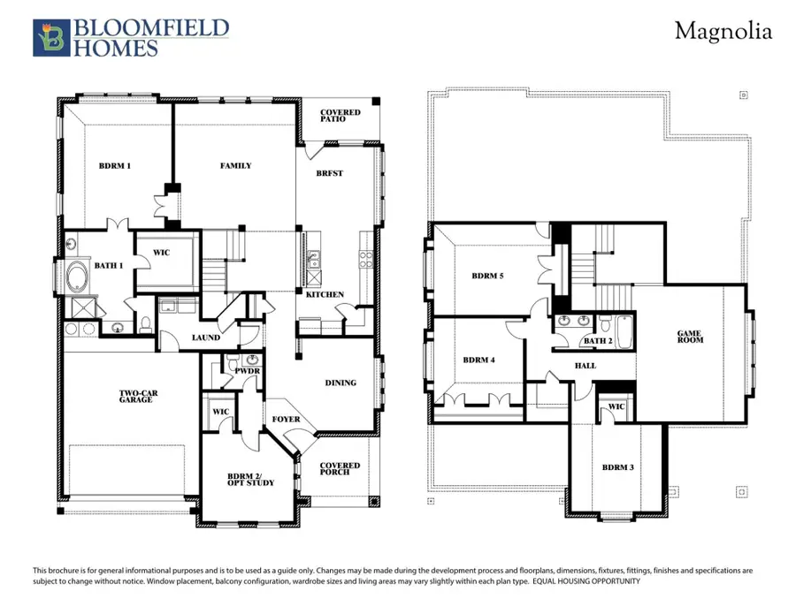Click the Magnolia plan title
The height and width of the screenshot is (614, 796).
pyautogui.click(x=723, y=32)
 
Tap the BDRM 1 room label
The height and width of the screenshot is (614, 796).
pyautogui.click(x=115, y=166)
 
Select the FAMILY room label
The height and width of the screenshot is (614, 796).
pyautogui.click(x=235, y=166)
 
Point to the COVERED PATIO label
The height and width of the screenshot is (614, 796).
pyautogui.click(x=340, y=116)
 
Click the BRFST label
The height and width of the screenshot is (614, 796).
pyautogui.click(x=330, y=173)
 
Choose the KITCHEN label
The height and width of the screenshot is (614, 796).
pyautogui.click(x=325, y=294)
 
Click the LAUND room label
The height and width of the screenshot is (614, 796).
pyautogui.click(x=206, y=337)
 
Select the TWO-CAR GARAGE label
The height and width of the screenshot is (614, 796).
pyautogui.click(x=136, y=397)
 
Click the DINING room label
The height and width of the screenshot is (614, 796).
pyautogui.click(x=341, y=383)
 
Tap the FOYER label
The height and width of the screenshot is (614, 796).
pyautogui.click(x=286, y=420)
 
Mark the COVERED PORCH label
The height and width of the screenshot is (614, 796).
pyautogui.click(x=340, y=469)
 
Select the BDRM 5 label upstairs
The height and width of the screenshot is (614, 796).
pyautogui.click(x=487, y=276)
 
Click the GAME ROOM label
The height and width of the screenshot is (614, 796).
pyautogui.click(x=690, y=337)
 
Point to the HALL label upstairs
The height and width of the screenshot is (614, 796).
pyautogui.click(x=585, y=366)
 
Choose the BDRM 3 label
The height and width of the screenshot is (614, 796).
pyautogui.click(x=616, y=466)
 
